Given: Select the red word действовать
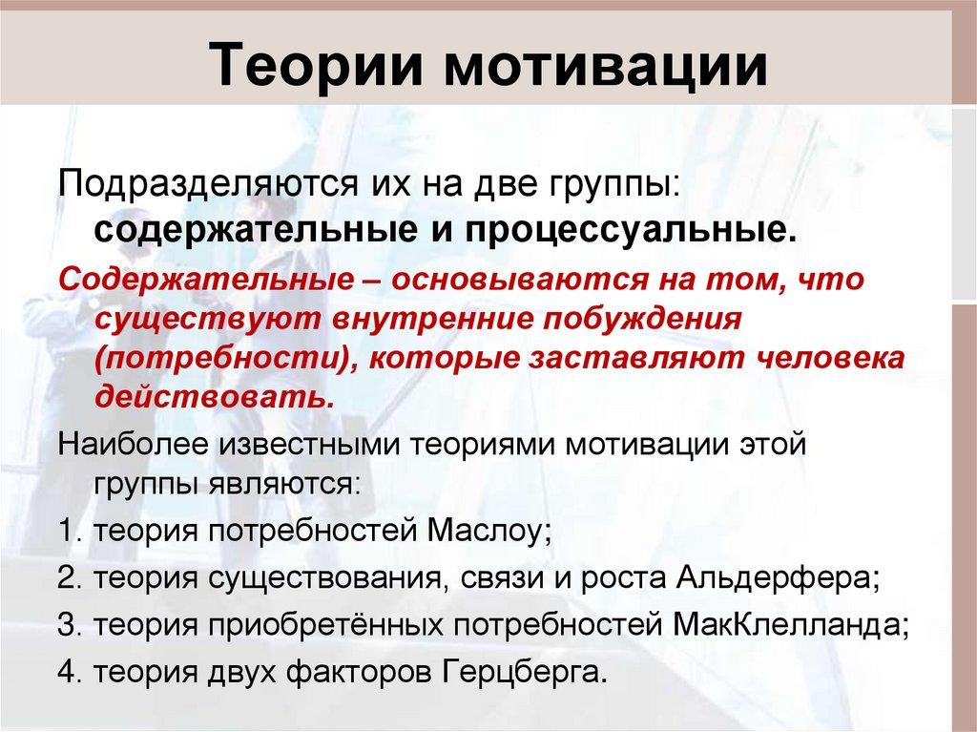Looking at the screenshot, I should [x=215, y=395].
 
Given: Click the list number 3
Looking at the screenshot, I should [x=67, y=625].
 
